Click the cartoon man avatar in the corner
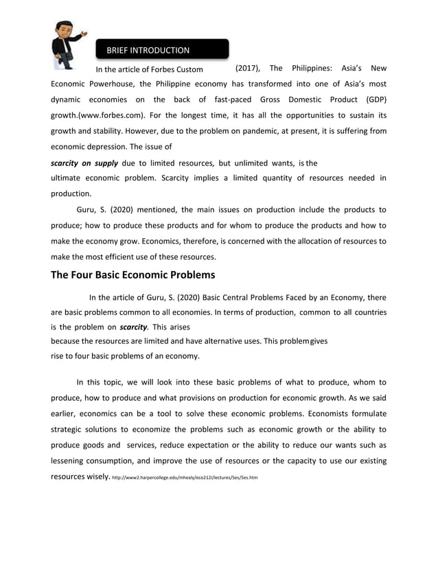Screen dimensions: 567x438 point(67,45)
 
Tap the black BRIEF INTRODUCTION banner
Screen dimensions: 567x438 point(162,50)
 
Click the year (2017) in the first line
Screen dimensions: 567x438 point(247,69)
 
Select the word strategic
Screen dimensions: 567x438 point(73,429)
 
